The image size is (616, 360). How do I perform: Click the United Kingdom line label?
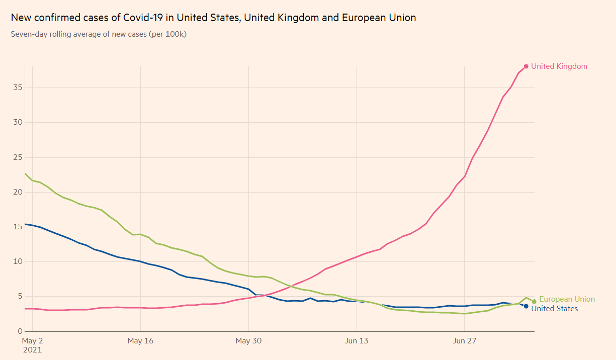coord(559,66)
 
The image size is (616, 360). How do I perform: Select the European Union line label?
coord(567,299)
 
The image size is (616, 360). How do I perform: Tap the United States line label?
coord(554,309)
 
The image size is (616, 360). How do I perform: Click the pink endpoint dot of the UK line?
coord(526,66)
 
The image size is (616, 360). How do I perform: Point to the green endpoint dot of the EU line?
coord(534,302)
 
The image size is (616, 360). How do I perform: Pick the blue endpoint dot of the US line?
coord(526,306)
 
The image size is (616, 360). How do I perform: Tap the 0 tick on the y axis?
coord(21,331)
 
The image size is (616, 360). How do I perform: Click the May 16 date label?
coord(140,341)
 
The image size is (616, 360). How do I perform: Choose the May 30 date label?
coord(249,341)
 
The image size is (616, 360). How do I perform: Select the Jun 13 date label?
coord(357,341)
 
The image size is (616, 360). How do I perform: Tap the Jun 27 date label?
coord(465,341)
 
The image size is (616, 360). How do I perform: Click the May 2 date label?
coord(33,341)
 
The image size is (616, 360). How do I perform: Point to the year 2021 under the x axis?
coord(33,349)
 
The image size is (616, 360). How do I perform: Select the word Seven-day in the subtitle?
coord(29,34)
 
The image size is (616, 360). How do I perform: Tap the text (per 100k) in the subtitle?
coord(168,34)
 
